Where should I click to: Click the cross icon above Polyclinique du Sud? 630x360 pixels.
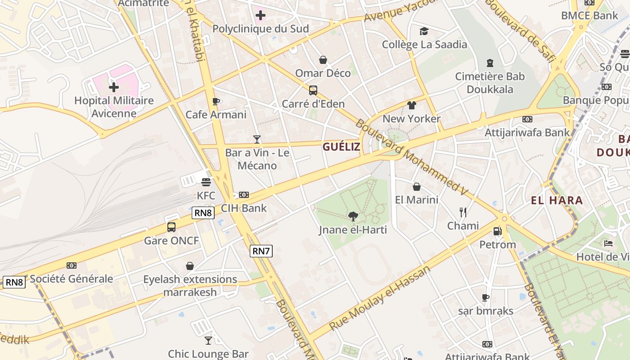pyautogui.click(x=260, y=16)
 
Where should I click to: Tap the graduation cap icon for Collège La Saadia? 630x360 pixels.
pyautogui.click(x=424, y=31)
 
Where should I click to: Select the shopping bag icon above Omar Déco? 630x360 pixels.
pyautogui.click(x=323, y=59)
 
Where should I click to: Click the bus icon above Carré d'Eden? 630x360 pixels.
pyautogui.click(x=313, y=90)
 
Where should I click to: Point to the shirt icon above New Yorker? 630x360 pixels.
pyautogui.click(x=411, y=105)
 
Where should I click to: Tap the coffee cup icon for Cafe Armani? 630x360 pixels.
pyautogui.click(x=216, y=101)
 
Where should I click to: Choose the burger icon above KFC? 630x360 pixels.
pyautogui.click(x=206, y=182)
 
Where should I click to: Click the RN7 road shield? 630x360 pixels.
pyautogui.click(x=261, y=251)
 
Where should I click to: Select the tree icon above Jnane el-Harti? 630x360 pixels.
pyautogui.click(x=353, y=216)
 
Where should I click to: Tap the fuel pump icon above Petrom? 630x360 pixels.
pyautogui.click(x=497, y=231)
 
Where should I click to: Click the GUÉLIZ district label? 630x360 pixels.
pyautogui.click(x=341, y=147)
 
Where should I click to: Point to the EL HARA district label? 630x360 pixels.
pyautogui.click(x=557, y=200)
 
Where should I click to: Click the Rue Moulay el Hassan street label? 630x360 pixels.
pyautogui.click(x=380, y=298)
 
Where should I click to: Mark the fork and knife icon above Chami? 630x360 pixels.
pyautogui.click(x=463, y=212)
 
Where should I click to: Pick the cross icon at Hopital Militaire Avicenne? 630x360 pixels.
pyautogui.click(x=114, y=87)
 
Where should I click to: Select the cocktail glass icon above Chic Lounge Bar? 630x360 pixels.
pyautogui.click(x=208, y=340)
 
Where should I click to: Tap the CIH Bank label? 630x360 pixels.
pyautogui.click(x=243, y=208)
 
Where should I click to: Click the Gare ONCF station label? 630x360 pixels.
pyautogui.click(x=171, y=240)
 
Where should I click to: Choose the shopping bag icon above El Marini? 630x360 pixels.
pyautogui.click(x=417, y=186)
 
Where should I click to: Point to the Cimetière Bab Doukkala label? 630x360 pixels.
pyautogui.click(x=490, y=83)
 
